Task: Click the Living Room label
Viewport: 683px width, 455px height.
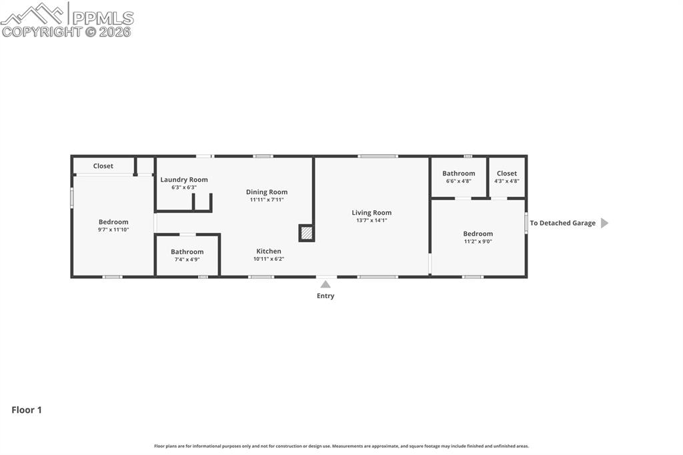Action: pyautogui.click(x=372, y=213)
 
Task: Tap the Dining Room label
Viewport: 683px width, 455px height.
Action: pyautogui.click(x=267, y=191)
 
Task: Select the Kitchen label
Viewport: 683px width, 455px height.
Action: pyautogui.click(x=269, y=251)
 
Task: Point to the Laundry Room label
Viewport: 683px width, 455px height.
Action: pyautogui.click(x=184, y=179)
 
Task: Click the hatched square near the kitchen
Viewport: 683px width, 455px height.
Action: pyautogui.click(x=307, y=233)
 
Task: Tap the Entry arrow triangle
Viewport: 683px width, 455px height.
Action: pyautogui.click(x=325, y=285)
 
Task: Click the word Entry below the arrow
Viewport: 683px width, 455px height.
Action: pyautogui.click(x=325, y=296)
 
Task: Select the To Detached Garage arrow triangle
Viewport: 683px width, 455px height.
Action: pyautogui.click(x=604, y=223)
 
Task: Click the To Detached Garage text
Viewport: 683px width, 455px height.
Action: pyautogui.click(x=562, y=223)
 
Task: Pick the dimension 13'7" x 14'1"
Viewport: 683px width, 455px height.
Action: pyautogui.click(x=372, y=221)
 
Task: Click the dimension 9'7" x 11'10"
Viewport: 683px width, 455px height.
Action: pyautogui.click(x=113, y=230)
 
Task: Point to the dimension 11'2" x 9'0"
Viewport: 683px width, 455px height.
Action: pyautogui.click(x=478, y=242)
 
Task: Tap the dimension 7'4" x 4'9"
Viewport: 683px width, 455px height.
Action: pyautogui.click(x=187, y=260)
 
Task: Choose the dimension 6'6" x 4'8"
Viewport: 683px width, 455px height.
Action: pyautogui.click(x=459, y=181)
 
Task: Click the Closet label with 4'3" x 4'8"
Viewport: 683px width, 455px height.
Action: pyautogui.click(x=507, y=173)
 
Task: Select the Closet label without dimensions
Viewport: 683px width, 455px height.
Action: pyautogui.click(x=103, y=166)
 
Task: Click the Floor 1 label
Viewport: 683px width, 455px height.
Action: pyautogui.click(x=27, y=410)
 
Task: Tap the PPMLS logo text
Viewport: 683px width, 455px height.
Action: pyautogui.click(x=103, y=18)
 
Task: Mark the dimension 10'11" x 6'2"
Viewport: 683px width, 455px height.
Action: pyautogui.click(x=269, y=259)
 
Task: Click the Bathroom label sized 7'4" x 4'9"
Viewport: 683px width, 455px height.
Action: pyautogui.click(x=187, y=252)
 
